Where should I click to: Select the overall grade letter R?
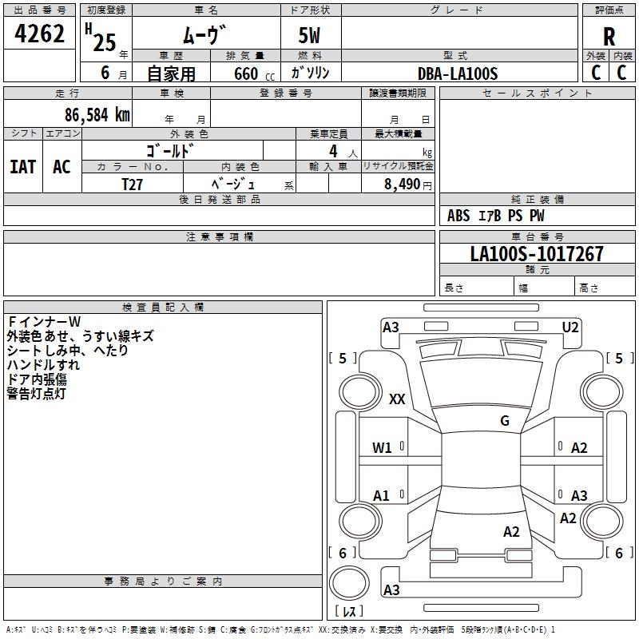tap(609, 36)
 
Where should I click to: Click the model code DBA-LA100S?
tap(458, 73)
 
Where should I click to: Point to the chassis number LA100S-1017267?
tap(537, 254)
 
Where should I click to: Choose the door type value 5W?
tap(310, 36)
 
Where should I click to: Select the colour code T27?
tap(132, 184)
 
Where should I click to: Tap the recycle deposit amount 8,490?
tap(402, 185)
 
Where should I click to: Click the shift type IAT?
tap(22, 166)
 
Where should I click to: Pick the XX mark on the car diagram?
tap(397, 399)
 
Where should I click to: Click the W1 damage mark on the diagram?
tap(383, 448)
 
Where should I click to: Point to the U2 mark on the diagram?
tap(570, 327)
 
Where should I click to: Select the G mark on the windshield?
tap(504, 421)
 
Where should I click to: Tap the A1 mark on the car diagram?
tap(382, 496)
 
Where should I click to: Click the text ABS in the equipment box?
tap(458, 216)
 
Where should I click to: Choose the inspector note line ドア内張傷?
tap(37, 379)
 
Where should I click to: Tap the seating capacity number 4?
tap(332, 151)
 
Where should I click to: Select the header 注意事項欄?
tap(219, 237)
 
